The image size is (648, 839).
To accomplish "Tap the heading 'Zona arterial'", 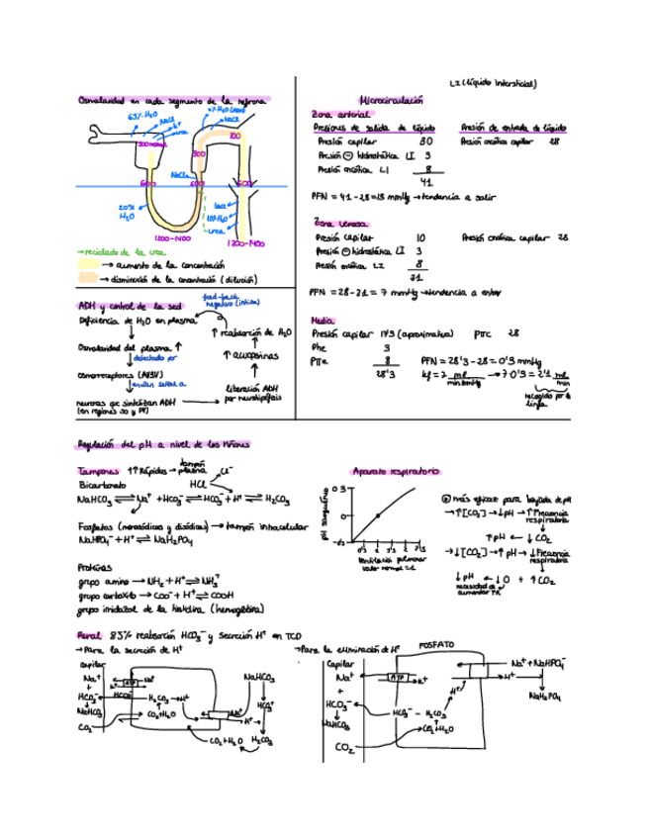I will (336, 114).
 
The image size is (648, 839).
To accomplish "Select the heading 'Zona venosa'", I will (338, 223).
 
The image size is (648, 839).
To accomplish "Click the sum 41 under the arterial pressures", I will (426, 181).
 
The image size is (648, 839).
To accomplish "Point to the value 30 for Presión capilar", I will (425, 141).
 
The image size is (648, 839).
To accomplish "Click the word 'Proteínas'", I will (96, 567).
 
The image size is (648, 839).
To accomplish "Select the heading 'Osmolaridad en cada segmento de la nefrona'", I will (172, 100).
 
